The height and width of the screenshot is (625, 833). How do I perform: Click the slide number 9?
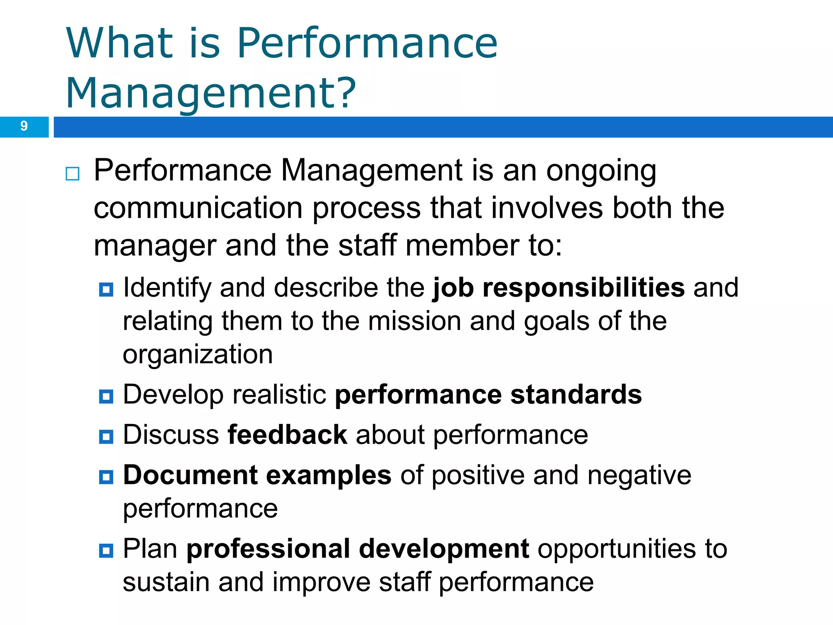(x=24, y=126)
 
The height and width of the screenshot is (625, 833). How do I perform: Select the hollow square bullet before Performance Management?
(x=72, y=174)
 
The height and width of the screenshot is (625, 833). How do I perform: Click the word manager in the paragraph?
(x=155, y=246)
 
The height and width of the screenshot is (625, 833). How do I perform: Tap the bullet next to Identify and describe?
(x=106, y=290)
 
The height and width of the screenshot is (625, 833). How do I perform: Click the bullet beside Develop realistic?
(x=106, y=396)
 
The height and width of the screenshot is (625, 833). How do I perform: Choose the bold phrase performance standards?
(x=488, y=395)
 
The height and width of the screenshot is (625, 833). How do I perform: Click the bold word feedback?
(x=287, y=435)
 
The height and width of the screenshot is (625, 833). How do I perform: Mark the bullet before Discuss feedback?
(x=106, y=437)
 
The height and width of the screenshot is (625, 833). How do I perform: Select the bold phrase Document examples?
(x=257, y=475)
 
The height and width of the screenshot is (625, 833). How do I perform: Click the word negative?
(x=639, y=476)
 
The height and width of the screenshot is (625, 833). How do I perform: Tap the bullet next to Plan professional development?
(x=106, y=551)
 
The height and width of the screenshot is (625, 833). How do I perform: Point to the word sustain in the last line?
(x=166, y=582)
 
